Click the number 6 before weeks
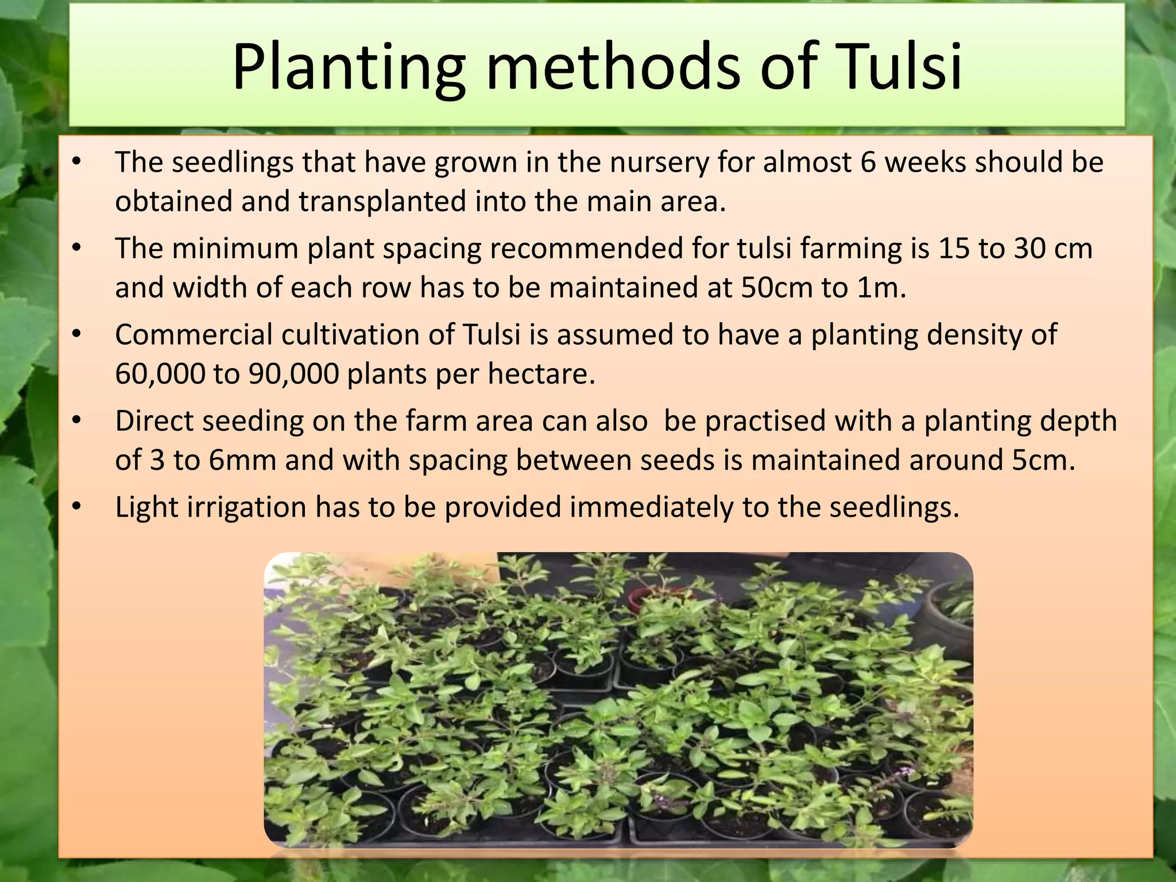868,162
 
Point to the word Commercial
194,335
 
